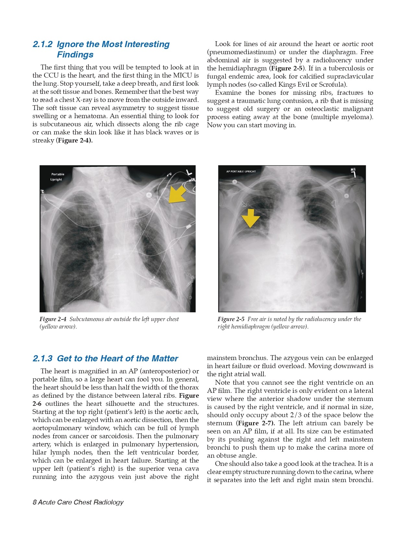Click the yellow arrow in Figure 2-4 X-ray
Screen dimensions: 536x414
click(x=177, y=194)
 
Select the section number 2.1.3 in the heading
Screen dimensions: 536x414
click(x=43, y=359)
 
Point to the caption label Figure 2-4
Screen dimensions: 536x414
click(x=53, y=319)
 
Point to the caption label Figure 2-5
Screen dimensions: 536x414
click(x=231, y=319)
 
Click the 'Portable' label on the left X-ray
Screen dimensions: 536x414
click(x=58, y=174)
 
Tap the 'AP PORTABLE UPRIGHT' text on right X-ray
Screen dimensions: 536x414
click(x=241, y=171)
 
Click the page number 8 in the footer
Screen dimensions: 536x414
click(x=34, y=502)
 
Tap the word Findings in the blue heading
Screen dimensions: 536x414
click(x=75, y=55)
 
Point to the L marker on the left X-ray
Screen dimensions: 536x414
click(x=189, y=172)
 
